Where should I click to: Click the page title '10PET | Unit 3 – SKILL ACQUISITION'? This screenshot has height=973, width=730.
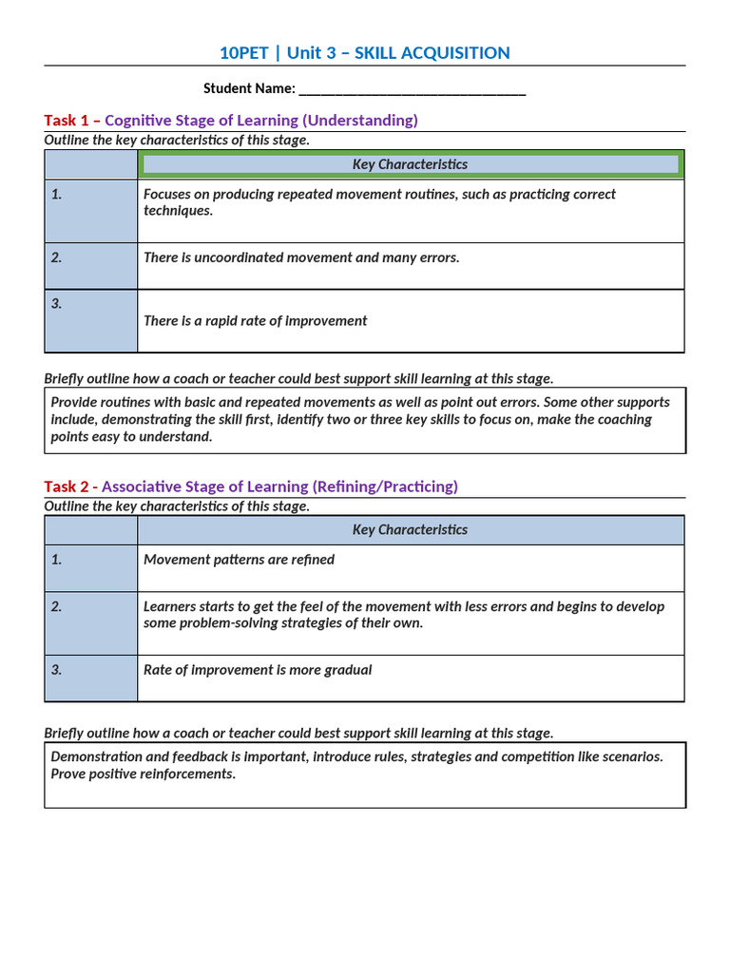click(365, 53)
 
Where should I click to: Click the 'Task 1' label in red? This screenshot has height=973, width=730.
click(67, 121)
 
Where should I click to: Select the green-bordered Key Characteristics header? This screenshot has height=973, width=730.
click(410, 164)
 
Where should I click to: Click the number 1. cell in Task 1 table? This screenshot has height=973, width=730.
click(91, 210)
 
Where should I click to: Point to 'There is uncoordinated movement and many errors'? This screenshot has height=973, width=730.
click(301, 258)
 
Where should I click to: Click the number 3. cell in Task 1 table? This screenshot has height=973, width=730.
click(91, 320)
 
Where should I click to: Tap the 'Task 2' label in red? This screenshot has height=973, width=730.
click(66, 486)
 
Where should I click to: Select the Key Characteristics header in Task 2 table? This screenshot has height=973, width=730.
click(410, 530)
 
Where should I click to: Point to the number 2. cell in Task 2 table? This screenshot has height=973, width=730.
click(91, 622)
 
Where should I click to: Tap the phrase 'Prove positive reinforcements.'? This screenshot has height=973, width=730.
click(143, 774)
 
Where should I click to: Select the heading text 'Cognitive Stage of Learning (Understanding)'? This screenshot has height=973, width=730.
click(261, 121)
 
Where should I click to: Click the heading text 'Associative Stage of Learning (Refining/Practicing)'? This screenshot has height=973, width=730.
click(279, 486)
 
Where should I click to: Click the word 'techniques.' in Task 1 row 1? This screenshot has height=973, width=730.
click(179, 211)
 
